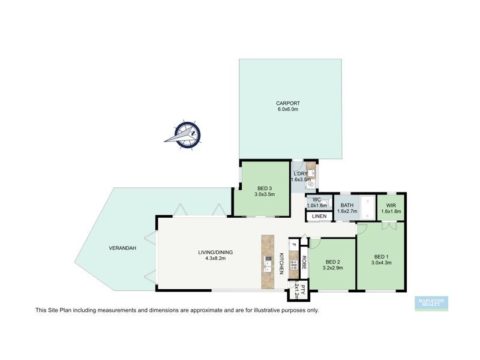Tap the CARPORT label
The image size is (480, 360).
288,103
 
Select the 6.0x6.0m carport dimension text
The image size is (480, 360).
288,110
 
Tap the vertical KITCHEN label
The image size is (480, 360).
281,263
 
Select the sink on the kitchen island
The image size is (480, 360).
266,262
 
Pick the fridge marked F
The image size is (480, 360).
293,244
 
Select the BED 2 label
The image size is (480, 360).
333,262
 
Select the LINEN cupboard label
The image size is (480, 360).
319,217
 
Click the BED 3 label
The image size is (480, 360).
264,188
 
